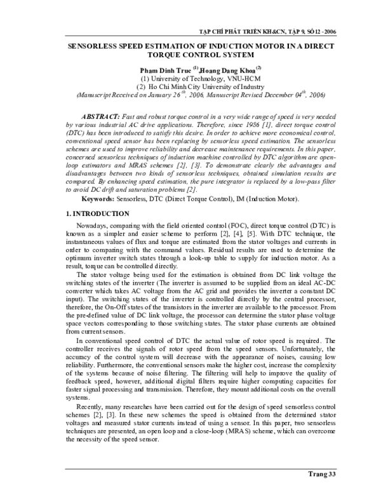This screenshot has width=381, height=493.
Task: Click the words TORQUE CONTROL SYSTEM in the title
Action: point(191,55)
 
